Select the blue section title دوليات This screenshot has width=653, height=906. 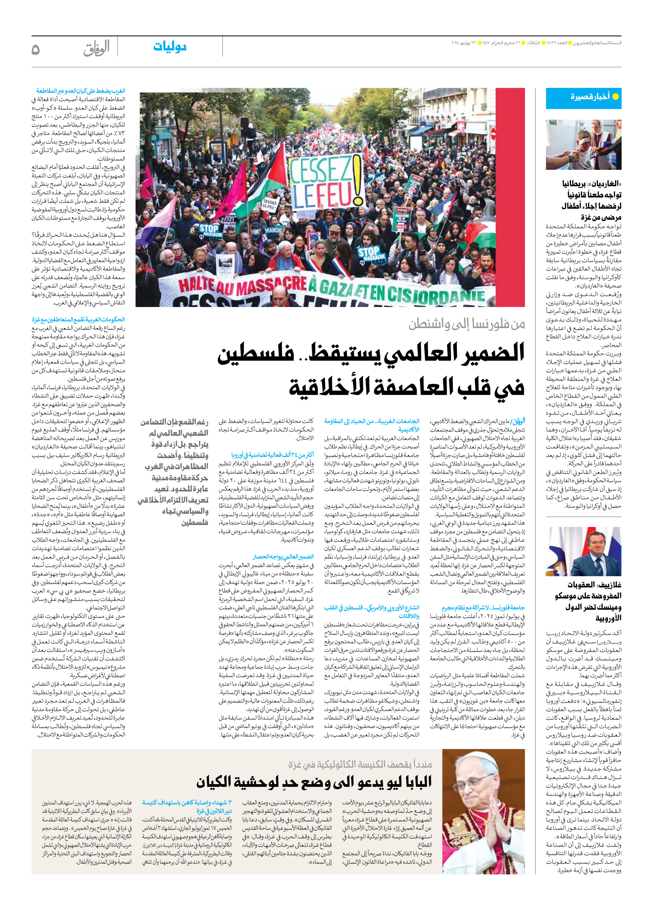(170, 47)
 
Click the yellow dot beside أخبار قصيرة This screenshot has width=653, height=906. (615, 96)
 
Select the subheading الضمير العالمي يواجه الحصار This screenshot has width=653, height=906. (283, 556)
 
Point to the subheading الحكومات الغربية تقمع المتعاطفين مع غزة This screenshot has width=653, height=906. (78, 320)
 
